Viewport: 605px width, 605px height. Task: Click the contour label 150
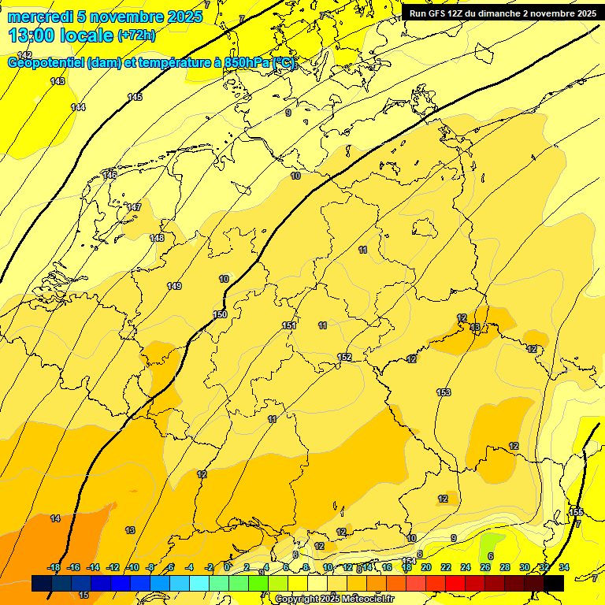point(221,315)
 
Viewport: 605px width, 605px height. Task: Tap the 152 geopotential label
point(344,358)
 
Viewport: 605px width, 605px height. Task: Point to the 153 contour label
point(444,392)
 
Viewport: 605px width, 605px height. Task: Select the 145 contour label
point(135,97)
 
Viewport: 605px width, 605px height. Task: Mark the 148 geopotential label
point(157,238)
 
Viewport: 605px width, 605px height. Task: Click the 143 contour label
point(58,81)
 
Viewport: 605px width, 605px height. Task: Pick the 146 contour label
point(109,175)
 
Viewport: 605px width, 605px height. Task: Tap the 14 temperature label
point(55,518)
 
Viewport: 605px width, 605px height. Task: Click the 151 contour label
point(289,326)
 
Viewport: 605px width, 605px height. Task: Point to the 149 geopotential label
point(174,286)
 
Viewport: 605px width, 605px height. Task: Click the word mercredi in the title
point(41,17)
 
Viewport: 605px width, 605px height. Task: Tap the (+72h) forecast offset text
point(136,35)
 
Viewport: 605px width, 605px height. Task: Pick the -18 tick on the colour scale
point(54,568)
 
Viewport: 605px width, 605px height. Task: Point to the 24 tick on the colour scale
point(465,568)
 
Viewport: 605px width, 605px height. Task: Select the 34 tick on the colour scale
point(563,568)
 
